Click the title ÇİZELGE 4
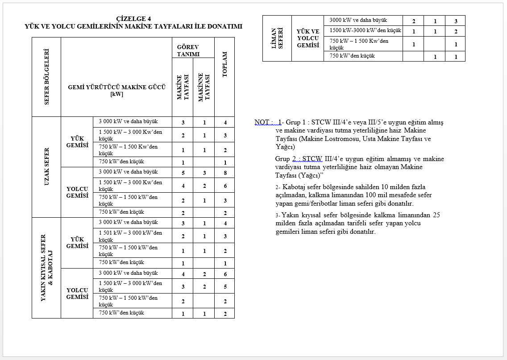[133, 19]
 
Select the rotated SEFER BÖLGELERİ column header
[46, 77]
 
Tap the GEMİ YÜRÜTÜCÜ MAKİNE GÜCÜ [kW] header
[116, 91]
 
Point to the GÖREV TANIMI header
[188, 50]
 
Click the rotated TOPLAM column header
[225, 64]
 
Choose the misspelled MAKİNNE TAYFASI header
[204, 87]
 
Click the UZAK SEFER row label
[46, 167]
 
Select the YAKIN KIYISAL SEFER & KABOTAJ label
[46, 268]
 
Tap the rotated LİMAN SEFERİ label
[277, 38]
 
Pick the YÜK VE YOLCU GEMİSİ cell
[308, 38]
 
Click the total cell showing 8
[225, 173]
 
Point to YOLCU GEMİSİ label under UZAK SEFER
[77, 192]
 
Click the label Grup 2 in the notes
[285, 159]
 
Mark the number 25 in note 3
[436, 215]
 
